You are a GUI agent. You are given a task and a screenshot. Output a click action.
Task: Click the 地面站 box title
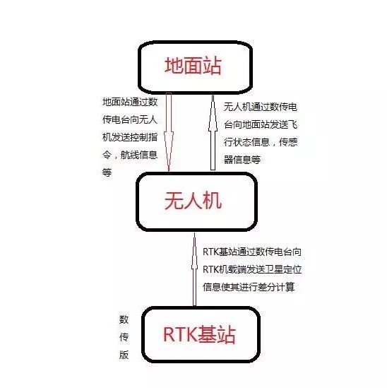(193, 66)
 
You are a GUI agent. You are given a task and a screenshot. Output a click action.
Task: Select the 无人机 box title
(193, 201)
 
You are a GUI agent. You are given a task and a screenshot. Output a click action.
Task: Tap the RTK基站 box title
(199, 334)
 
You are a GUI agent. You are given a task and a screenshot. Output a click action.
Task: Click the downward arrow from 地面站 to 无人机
(169, 132)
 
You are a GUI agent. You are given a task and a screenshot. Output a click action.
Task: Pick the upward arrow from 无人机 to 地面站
(213, 132)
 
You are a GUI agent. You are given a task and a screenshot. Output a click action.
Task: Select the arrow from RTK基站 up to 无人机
(194, 269)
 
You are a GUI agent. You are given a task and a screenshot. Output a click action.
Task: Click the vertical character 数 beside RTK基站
(124, 319)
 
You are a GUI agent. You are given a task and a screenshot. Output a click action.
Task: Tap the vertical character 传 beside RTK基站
(124, 337)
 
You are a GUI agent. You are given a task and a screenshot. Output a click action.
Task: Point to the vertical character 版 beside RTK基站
(124, 355)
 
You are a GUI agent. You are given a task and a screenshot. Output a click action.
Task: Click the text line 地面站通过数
(130, 102)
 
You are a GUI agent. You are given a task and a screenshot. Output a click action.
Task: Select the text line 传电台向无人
(130, 119)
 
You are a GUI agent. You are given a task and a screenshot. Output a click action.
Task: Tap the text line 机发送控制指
(130, 137)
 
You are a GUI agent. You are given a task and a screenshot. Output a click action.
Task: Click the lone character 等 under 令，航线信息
(107, 172)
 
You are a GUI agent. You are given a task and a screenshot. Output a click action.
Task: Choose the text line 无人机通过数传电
(261, 107)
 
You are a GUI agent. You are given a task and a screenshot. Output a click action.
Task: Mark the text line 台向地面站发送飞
(261, 124)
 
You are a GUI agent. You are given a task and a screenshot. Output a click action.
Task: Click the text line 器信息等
(242, 160)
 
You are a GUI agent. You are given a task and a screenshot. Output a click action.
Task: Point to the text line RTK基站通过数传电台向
(252, 252)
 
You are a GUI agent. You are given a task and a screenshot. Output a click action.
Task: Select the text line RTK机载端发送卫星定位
(252, 269)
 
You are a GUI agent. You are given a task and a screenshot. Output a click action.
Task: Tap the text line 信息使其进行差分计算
(249, 287)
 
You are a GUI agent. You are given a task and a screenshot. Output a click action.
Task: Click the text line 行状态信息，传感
(261, 142)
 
